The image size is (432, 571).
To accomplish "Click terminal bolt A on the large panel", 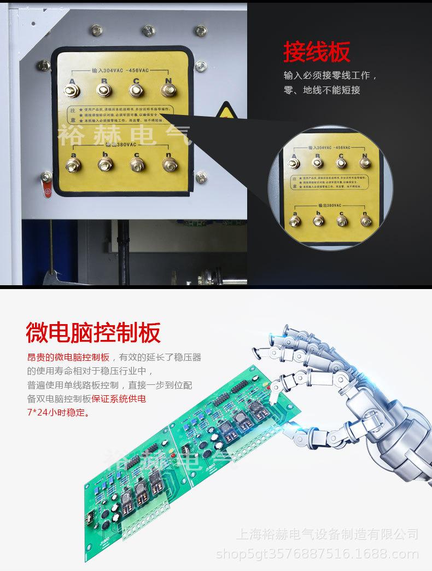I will tap(72, 90).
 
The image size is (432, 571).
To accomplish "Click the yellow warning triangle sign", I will tap(224, 111).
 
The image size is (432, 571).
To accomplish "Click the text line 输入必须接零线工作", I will tap(330, 76).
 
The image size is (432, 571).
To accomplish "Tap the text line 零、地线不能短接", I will tap(322, 90).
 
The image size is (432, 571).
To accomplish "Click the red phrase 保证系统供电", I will tap(122, 399).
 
